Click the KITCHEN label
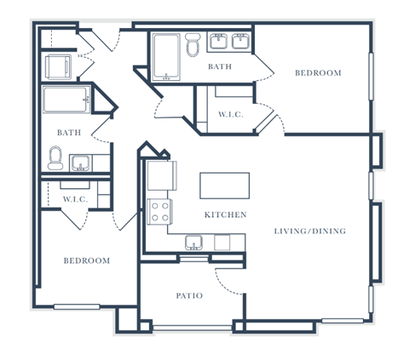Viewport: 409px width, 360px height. pos(226,214)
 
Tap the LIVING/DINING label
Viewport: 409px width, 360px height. pos(310,231)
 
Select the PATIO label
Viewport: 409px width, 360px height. pos(189,296)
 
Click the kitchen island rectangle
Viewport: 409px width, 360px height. pos(225,186)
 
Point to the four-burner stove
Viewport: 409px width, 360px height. pos(159,212)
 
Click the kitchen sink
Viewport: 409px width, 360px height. pos(193,243)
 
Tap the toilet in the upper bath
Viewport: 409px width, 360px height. pos(193,44)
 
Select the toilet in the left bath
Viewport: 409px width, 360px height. pos(55,158)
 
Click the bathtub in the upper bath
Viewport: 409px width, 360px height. pos(166,57)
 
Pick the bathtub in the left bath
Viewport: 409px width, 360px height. pos(66,100)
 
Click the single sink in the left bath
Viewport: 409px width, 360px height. pos(81,163)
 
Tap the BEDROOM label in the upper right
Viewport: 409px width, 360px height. pos(318,73)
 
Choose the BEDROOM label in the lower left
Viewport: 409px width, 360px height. pos(87,260)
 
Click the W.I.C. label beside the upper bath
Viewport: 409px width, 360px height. pos(231,115)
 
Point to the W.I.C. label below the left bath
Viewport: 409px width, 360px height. pos(75,199)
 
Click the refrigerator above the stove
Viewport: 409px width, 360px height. pos(162,175)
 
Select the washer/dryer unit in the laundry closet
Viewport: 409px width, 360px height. pos(58,67)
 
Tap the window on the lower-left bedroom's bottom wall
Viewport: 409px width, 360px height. pos(77,306)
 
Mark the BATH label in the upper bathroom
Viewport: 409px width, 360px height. pos(220,66)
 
